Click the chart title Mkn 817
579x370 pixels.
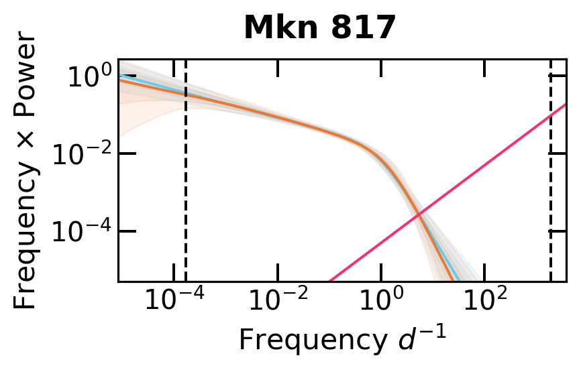319,29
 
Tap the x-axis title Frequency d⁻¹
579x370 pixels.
342,341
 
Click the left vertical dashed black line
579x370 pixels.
185,201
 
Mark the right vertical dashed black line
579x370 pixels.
551,201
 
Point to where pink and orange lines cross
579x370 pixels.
417,214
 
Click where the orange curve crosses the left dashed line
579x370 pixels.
185,95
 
